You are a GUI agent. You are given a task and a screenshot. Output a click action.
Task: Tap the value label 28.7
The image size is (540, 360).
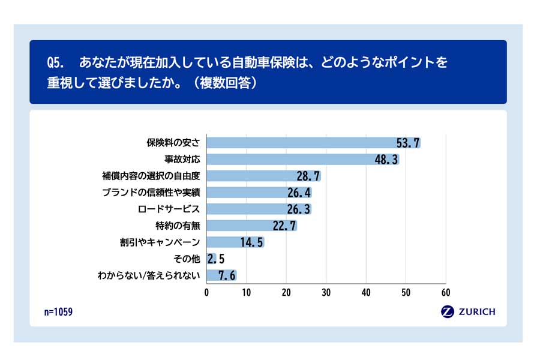coord(308,176)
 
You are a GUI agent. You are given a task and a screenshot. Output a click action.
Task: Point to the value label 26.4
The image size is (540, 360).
coord(299,193)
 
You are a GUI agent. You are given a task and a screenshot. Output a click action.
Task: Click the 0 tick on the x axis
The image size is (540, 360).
coord(207,293)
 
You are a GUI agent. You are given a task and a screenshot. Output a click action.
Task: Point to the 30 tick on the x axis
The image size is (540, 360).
coord(326,293)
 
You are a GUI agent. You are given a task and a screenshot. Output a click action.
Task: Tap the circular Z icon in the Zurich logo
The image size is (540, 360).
coord(447,311)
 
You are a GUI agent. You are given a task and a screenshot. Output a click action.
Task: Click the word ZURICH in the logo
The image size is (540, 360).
coord(476,311)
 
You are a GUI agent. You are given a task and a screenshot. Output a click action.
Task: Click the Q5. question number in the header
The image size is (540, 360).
coord(56,63)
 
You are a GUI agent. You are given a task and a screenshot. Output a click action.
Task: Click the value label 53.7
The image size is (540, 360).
coord(408,143)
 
